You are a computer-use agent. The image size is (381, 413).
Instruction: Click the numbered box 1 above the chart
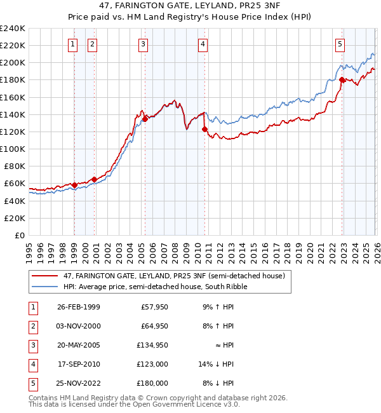point(73,44)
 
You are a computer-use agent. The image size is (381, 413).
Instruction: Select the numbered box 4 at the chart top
point(202,44)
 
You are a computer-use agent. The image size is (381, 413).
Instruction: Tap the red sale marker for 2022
point(342,79)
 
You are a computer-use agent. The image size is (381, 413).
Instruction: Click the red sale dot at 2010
point(204,129)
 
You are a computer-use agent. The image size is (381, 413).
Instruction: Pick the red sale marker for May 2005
point(145,118)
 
